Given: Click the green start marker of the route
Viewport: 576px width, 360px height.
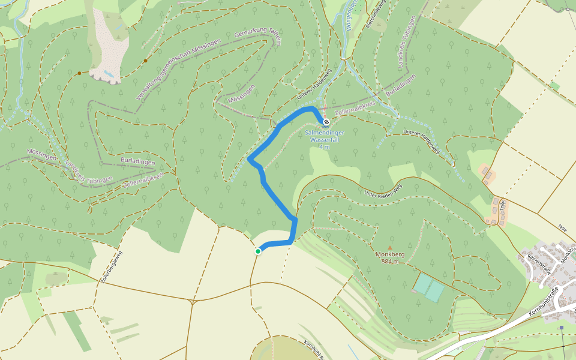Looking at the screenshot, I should [x=258, y=251].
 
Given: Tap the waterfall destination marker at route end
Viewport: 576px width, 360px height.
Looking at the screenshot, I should [x=326, y=122].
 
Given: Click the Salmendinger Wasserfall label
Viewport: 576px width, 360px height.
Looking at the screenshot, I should [x=325, y=136].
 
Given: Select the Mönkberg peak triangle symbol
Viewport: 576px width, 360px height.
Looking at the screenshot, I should [x=390, y=247].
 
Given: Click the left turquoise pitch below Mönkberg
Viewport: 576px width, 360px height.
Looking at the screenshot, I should [x=423, y=284].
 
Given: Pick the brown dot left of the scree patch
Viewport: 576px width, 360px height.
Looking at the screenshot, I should [x=79, y=73].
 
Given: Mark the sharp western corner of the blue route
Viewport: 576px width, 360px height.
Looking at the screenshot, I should [x=249, y=159].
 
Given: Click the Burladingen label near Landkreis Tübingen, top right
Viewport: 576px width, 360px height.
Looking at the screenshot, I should [x=400, y=87].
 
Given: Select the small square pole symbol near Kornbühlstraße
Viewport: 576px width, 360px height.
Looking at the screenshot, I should [x=561, y=328].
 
